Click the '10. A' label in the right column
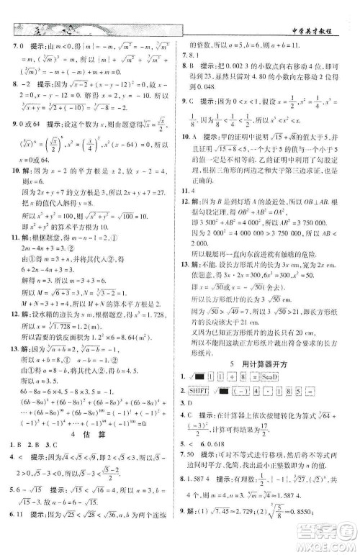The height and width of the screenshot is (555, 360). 190,158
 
